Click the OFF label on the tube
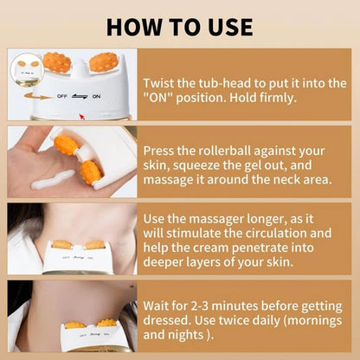tap(62, 98)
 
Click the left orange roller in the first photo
tap(57, 62)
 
